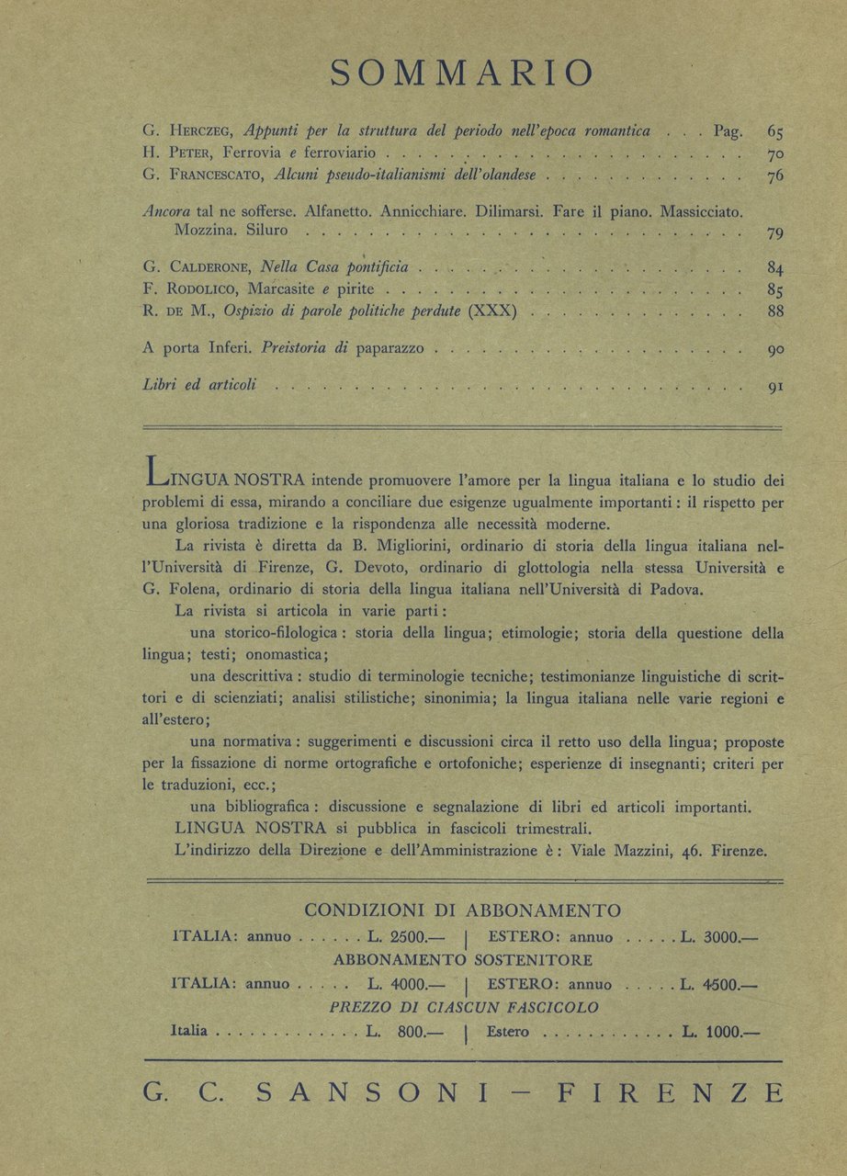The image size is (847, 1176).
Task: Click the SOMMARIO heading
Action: (x=461, y=73)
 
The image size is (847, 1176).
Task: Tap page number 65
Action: (x=774, y=132)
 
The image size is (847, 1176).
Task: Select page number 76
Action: (x=774, y=176)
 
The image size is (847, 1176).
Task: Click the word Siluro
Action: (x=273, y=233)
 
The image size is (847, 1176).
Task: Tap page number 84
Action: (x=774, y=269)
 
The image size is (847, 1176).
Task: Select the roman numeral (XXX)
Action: (x=491, y=311)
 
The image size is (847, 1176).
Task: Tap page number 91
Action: (x=774, y=387)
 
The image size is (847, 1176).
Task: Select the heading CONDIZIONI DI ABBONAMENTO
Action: (x=462, y=910)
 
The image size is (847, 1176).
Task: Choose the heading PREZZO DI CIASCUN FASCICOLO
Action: (x=464, y=1008)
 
